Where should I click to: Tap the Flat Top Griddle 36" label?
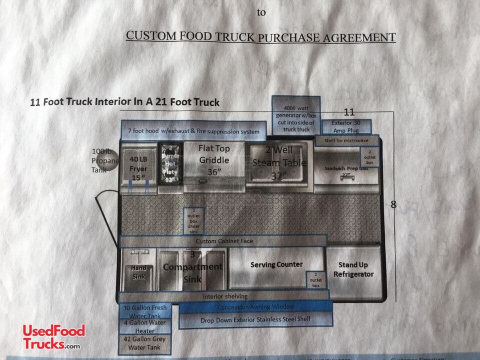pos(214,160)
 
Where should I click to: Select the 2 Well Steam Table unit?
pos(279,162)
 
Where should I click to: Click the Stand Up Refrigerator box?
pos(353,269)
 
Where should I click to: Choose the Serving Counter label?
pos(276,264)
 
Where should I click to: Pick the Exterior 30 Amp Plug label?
pos(346,126)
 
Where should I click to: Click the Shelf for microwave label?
pos(347,140)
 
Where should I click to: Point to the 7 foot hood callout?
pos(193,131)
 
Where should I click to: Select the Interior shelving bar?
pos(224,296)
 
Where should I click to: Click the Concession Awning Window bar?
pos(255,306)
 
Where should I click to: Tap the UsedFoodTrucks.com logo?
pos(54,337)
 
